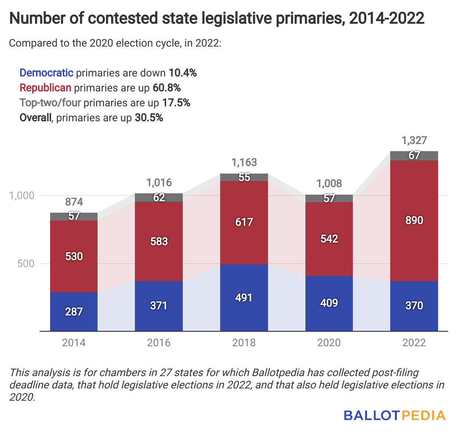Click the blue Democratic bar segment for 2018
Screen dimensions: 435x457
244,297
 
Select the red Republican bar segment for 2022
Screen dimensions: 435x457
414,221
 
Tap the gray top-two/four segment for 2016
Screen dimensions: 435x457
159,197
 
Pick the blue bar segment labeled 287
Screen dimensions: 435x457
74,312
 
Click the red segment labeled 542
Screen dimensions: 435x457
329,239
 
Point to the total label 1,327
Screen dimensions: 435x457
414,141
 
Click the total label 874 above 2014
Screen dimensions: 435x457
74,203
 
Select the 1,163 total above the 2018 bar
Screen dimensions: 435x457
244,163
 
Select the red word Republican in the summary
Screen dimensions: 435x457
46,88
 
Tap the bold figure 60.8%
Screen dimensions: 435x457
167,88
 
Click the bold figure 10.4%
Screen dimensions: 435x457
182,73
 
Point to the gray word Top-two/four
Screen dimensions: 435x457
50,103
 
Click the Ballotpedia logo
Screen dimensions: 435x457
395,415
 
